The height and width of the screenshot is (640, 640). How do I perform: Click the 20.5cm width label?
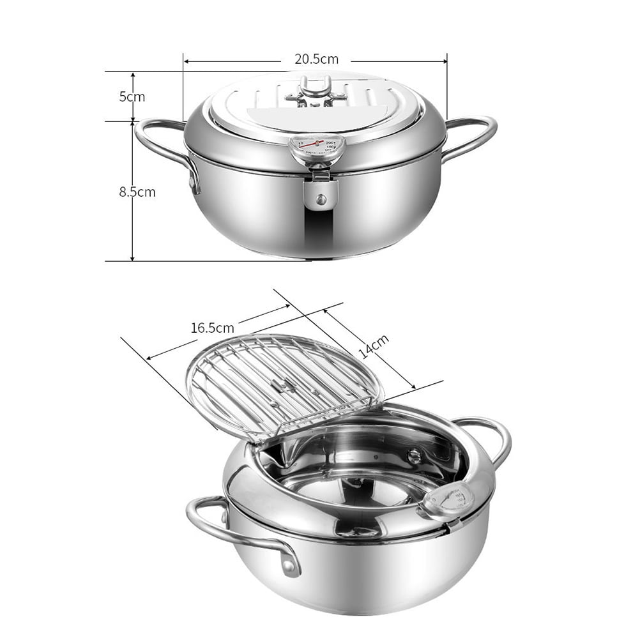(x=316, y=59)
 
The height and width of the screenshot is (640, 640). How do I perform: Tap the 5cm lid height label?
(x=132, y=97)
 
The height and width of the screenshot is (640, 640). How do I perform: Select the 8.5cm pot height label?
(x=137, y=192)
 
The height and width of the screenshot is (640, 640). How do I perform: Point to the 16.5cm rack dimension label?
(x=212, y=328)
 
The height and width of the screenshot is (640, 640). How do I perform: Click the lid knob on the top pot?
(x=316, y=89)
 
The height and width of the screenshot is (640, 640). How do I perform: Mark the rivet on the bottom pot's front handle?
(x=291, y=565)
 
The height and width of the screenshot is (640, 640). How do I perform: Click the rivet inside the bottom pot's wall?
(x=416, y=455)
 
